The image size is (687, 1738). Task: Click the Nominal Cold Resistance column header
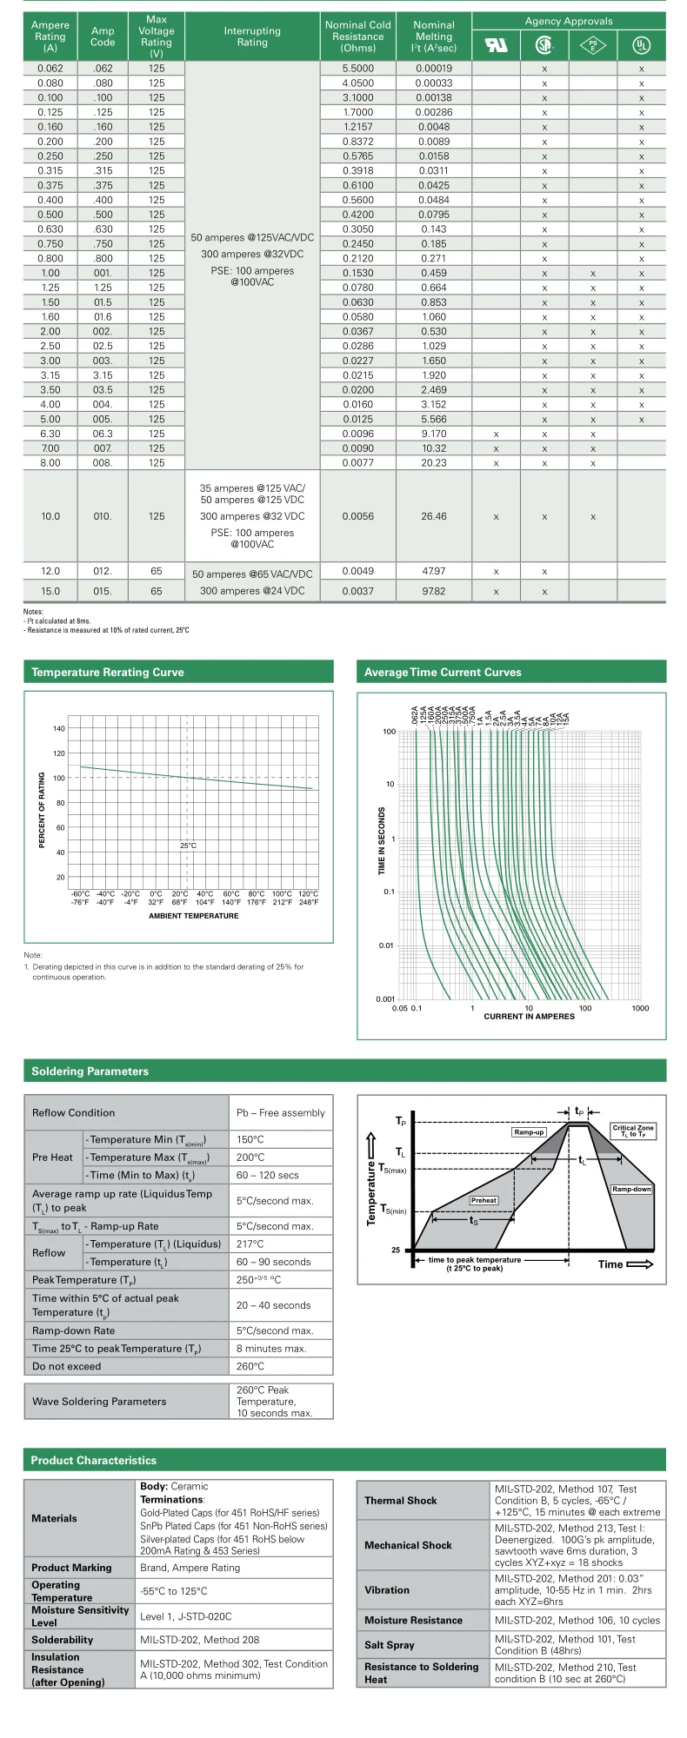(x=357, y=36)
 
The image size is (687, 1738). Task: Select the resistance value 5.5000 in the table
(x=357, y=69)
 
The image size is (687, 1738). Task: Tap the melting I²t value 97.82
(x=433, y=591)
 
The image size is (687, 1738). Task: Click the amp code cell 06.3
(x=103, y=434)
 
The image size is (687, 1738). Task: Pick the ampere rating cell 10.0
(x=50, y=516)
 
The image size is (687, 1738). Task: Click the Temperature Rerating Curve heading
(x=108, y=672)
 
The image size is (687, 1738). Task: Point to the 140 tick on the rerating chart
(x=59, y=729)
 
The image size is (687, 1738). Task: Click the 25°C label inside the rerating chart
(x=188, y=846)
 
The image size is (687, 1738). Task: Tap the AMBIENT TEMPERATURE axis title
(x=193, y=916)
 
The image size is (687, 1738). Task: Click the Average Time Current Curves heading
(x=443, y=672)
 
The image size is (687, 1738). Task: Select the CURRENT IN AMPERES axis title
(x=529, y=1016)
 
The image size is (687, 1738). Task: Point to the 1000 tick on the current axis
(x=640, y=1008)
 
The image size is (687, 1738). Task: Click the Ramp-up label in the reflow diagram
(x=529, y=1132)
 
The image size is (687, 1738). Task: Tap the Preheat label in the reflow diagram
(x=484, y=1200)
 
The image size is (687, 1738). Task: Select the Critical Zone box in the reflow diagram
(x=632, y=1131)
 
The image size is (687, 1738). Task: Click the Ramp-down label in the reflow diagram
(x=631, y=1189)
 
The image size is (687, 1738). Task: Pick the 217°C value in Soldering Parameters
(x=250, y=1244)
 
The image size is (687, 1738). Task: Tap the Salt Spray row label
(x=390, y=1645)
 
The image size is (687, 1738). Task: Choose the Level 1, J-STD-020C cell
(x=186, y=1616)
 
